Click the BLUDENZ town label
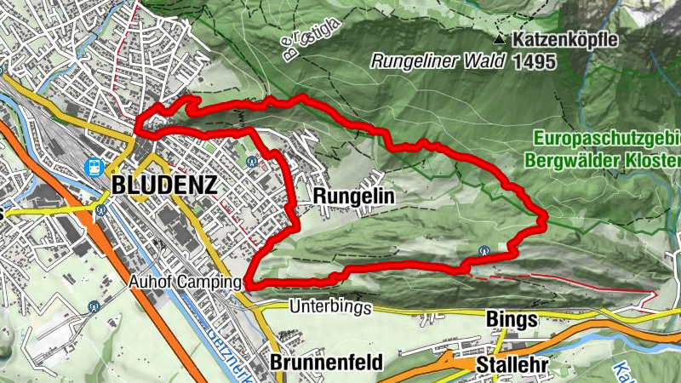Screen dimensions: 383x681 click(163, 185)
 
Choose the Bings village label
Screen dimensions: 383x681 click(511, 319)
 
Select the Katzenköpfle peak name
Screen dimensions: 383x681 click(565, 39)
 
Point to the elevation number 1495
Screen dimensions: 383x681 click(535, 61)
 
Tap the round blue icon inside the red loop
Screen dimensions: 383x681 click(250, 160)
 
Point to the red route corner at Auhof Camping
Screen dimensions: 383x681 click(249, 282)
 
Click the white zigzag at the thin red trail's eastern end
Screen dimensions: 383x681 click(653, 295)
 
